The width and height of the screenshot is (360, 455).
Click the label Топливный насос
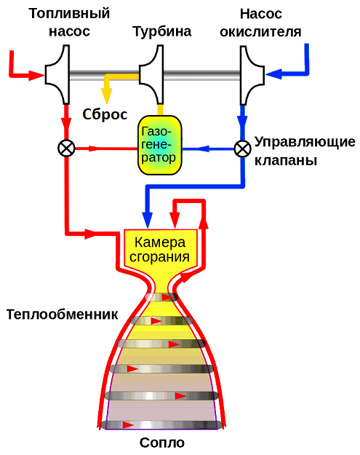point(69,23)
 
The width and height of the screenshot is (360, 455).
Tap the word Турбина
point(162,31)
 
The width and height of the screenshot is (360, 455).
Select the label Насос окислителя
point(260,23)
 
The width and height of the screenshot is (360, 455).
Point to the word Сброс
point(105,114)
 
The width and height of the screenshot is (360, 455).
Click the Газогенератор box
point(159,145)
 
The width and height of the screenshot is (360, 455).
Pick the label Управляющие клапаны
point(305,151)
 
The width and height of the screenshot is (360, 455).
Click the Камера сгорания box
point(161,249)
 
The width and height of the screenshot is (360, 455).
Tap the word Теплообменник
point(62,314)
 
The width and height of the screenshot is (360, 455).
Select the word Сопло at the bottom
point(162,443)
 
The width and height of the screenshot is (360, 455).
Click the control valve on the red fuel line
point(66,149)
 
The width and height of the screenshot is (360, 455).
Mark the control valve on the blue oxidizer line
point(243,149)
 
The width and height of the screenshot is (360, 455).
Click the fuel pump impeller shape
point(57,74)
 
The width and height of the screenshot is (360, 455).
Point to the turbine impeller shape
point(151,74)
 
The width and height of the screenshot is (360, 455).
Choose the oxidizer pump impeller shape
point(252,75)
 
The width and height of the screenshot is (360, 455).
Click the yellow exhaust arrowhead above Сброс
point(106,95)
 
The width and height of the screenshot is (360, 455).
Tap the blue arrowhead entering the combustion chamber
point(147,221)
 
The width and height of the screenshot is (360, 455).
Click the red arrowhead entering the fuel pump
point(36,75)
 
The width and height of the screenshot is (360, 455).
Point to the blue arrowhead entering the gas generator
point(203,149)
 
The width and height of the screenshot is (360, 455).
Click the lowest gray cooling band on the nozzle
point(161,425)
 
